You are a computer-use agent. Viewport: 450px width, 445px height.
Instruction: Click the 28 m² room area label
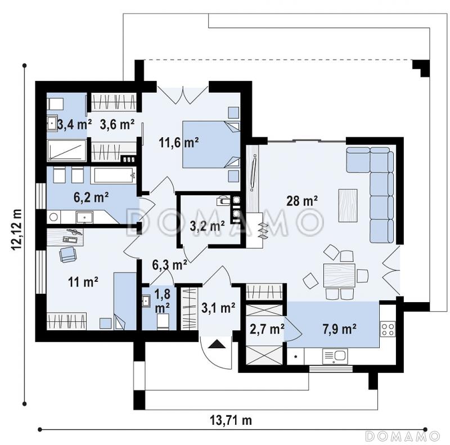(x=302, y=200)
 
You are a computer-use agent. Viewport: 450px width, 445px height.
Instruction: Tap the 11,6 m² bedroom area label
(x=179, y=142)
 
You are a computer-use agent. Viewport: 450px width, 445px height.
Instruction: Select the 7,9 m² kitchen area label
(x=340, y=329)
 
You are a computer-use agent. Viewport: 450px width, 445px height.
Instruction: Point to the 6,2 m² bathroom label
(x=91, y=197)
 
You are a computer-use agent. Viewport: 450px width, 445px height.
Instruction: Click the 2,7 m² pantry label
(x=267, y=329)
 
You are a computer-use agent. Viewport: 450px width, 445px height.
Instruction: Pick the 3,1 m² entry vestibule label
(x=218, y=308)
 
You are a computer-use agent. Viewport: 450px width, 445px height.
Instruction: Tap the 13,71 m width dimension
(x=231, y=421)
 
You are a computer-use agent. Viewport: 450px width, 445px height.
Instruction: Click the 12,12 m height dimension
(x=17, y=230)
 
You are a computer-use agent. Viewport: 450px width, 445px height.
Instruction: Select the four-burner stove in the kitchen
(x=388, y=329)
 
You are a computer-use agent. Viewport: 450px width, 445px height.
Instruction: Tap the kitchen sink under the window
(x=335, y=356)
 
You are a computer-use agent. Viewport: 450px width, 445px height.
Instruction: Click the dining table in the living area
(x=339, y=275)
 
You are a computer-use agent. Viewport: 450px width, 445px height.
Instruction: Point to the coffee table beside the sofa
(x=348, y=205)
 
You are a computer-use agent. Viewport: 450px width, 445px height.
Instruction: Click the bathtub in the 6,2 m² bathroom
(x=114, y=175)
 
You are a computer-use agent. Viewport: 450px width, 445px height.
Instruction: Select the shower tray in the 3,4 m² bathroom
(x=66, y=150)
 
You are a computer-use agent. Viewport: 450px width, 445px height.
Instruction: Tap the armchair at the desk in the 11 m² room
(x=67, y=254)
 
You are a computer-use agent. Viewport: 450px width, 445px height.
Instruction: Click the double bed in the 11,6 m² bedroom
(x=211, y=145)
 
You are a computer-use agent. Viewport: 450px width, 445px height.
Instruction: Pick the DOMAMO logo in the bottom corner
(x=403, y=436)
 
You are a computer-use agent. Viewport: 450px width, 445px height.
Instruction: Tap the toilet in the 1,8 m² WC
(x=163, y=322)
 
